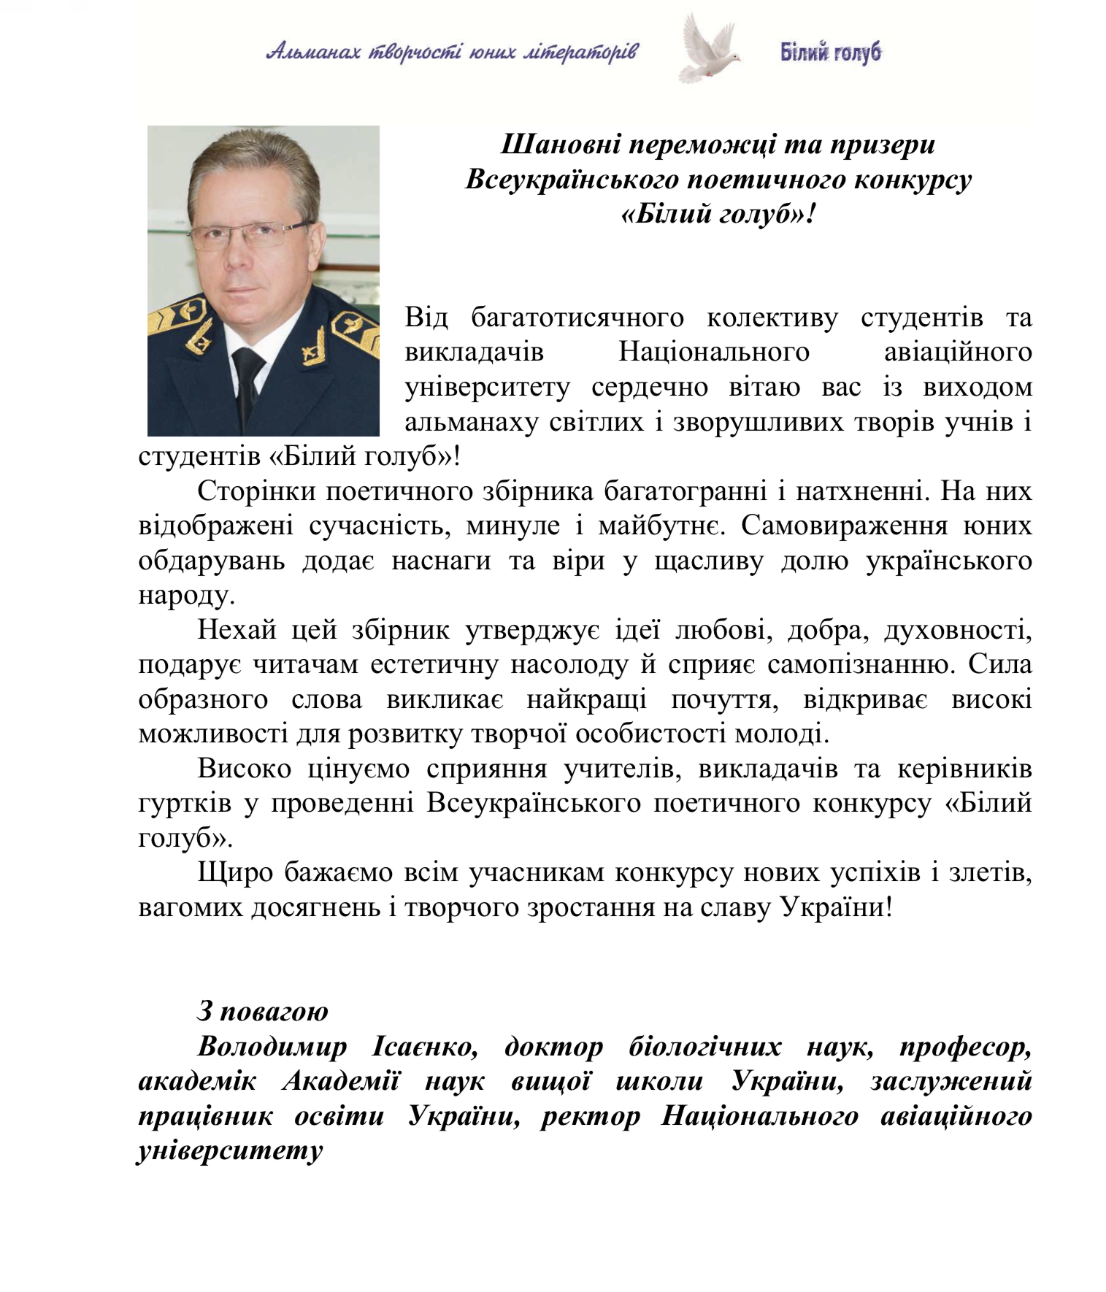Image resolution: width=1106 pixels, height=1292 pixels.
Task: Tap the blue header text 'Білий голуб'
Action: [x=831, y=53]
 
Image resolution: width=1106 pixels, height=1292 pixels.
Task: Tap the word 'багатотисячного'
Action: [x=577, y=318]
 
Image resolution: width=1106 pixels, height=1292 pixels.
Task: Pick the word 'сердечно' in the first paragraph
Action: [x=649, y=387]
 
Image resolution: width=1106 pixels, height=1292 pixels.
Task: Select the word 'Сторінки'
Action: [x=256, y=491]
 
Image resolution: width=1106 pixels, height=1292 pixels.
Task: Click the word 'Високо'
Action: [x=244, y=769]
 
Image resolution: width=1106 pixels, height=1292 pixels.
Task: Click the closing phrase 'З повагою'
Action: [x=263, y=1012]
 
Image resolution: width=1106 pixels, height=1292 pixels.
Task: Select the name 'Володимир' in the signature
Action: [x=272, y=1047]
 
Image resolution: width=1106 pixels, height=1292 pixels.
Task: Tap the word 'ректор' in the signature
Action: [x=590, y=1117]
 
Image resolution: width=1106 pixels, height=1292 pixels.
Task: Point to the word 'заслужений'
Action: [x=951, y=1082]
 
